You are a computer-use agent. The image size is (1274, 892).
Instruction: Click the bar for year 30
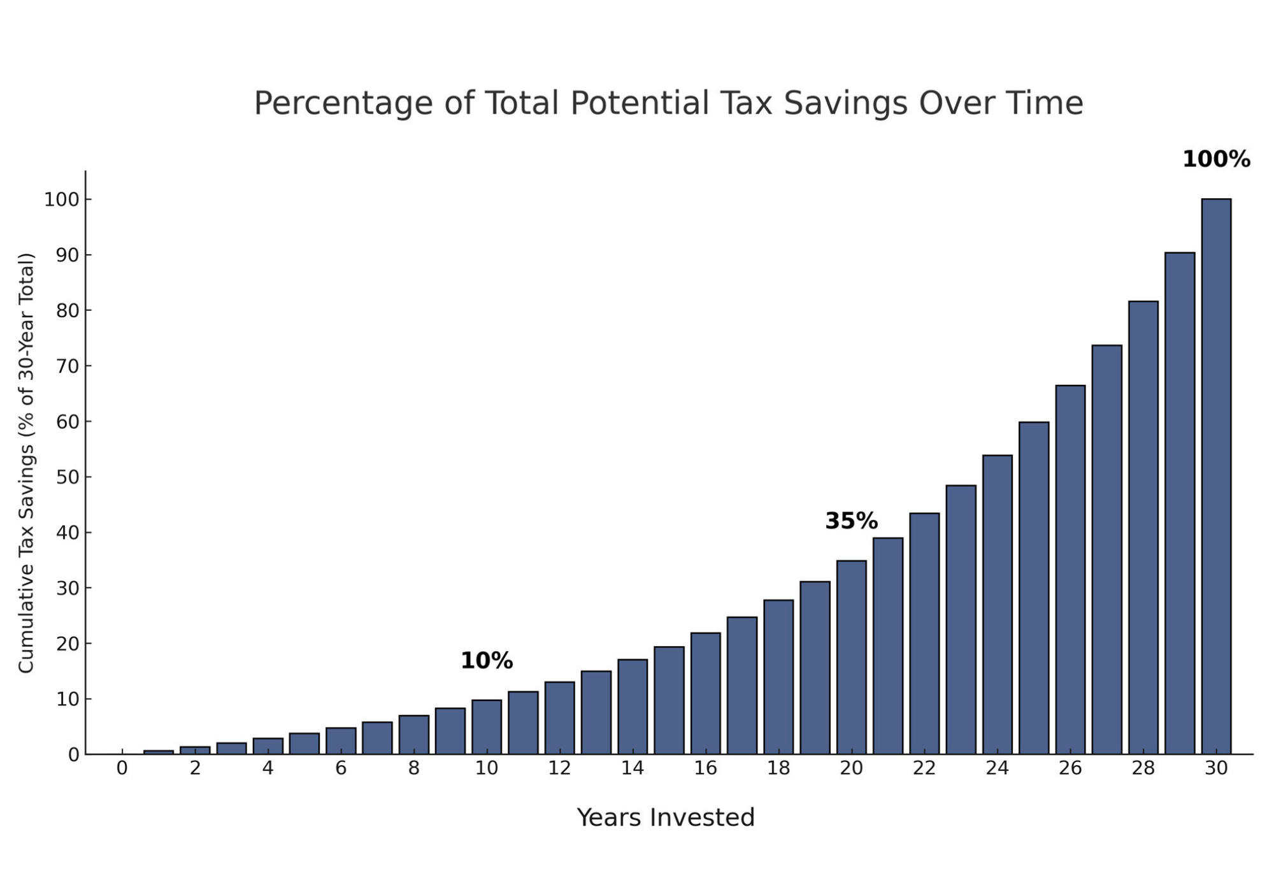1216,478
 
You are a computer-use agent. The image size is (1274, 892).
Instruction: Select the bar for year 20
851,656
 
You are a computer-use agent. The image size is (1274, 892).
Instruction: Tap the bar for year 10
487,727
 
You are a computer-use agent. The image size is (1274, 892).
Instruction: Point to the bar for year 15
669,700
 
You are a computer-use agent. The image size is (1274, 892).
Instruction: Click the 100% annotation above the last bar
1216,159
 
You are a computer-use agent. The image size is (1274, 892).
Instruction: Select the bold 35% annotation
851,521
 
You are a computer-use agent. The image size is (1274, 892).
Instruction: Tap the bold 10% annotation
487,661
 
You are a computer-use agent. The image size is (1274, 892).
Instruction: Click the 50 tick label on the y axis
68,477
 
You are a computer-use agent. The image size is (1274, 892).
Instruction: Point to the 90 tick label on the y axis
68,255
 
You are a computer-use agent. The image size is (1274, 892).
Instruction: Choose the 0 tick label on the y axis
73,755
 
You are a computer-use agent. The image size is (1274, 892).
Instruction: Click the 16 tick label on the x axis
705,769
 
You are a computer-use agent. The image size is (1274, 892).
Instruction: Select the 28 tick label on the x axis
1143,769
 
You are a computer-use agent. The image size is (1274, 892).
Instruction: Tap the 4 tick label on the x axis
268,769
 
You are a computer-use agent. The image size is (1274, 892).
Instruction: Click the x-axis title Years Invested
666,818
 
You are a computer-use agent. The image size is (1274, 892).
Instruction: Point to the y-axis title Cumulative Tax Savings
25,463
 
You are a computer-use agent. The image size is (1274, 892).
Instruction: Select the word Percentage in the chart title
343,103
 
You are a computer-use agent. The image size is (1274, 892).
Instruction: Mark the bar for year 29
1180,503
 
